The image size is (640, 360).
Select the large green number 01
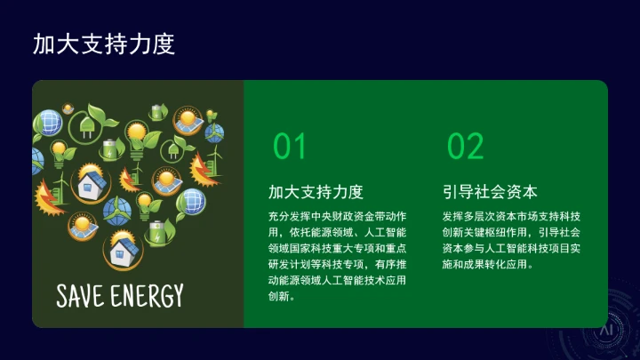click(x=289, y=146)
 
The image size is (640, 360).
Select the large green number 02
click(x=465, y=146)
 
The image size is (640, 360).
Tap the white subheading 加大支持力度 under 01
click(x=316, y=192)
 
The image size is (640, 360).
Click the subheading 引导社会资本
click(x=490, y=192)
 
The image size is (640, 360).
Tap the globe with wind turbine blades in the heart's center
click(x=116, y=210)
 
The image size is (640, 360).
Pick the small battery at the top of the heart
click(x=158, y=111)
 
